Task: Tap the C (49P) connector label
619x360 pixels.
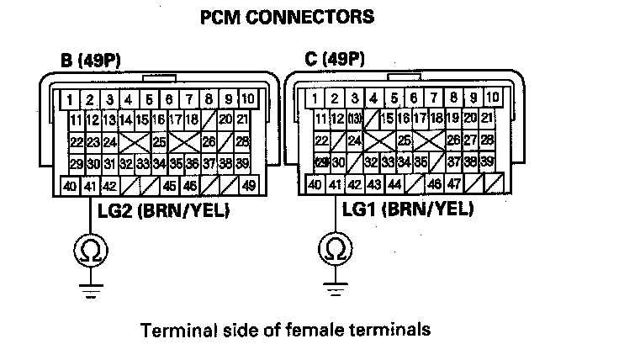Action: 335,61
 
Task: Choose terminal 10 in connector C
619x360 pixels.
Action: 492,98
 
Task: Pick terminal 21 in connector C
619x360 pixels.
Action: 486,119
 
